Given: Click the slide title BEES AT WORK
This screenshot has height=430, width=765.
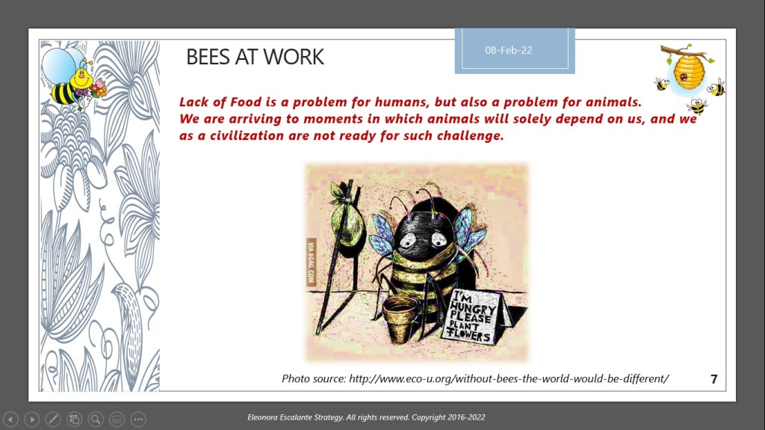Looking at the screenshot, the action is [x=255, y=57].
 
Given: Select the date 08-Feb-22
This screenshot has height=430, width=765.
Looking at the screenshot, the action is [x=508, y=50].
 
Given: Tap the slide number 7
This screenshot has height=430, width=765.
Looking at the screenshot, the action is [x=713, y=379].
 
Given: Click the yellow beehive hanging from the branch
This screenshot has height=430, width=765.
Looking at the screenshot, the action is [x=689, y=71].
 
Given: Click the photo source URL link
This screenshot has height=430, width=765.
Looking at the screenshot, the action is [x=508, y=378].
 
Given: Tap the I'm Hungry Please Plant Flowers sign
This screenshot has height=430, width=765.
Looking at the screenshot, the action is [x=473, y=316].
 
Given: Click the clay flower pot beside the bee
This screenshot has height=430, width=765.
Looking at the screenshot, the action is [x=400, y=318].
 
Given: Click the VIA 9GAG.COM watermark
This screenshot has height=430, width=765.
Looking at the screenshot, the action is [x=311, y=262].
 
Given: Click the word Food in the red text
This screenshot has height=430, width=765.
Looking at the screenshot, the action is [x=247, y=102].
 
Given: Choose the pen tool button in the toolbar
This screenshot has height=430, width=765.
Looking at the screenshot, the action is [x=53, y=419].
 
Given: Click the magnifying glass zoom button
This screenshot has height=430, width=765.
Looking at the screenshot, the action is [x=96, y=419].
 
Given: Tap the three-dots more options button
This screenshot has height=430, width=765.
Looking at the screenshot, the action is [x=138, y=419].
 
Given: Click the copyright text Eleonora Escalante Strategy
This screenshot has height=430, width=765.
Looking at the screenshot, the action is [x=294, y=417].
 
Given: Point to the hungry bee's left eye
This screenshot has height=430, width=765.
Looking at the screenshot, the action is [x=408, y=239].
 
